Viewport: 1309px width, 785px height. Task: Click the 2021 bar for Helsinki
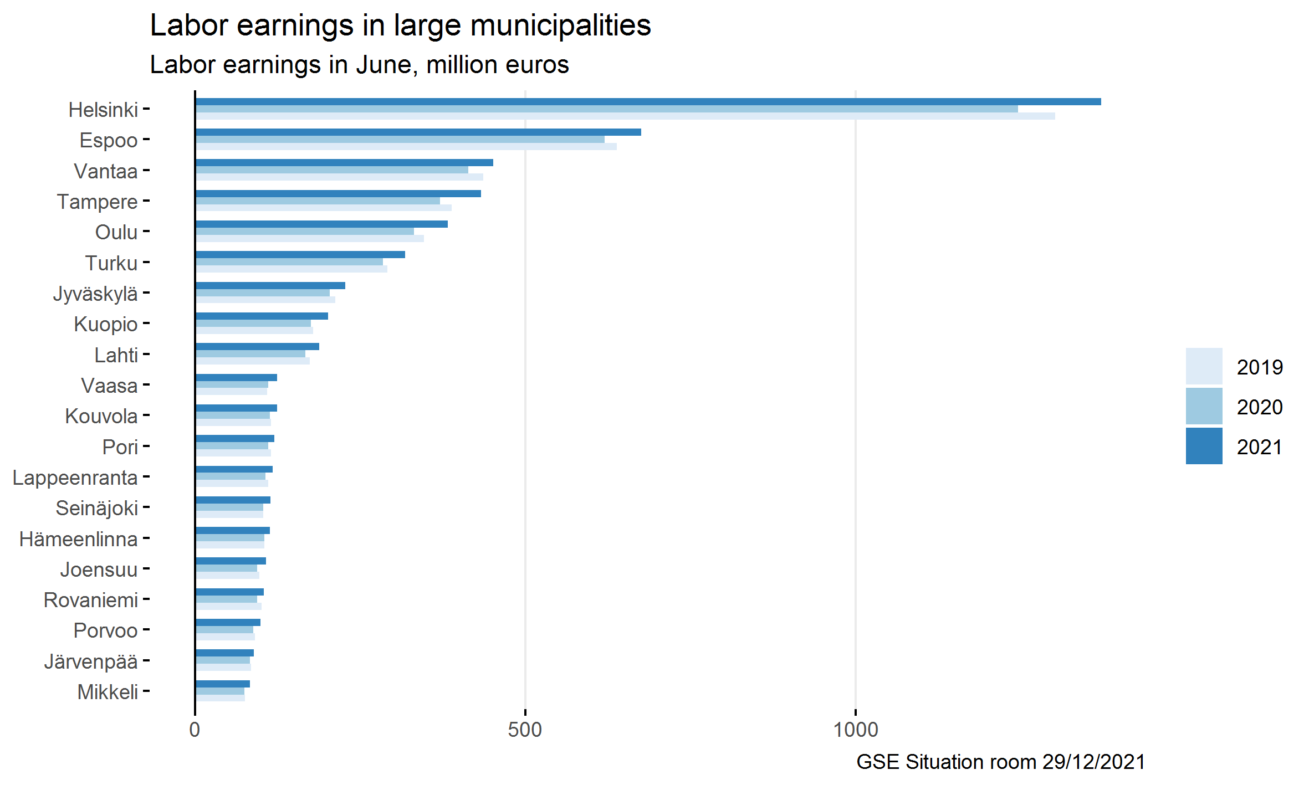coord(648,102)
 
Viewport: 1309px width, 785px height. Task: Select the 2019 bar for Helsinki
coord(625,116)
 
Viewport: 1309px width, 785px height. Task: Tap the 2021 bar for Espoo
coord(418,132)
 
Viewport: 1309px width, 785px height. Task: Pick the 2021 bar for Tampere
coord(338,193)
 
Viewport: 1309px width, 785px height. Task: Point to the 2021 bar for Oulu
coord(321,224)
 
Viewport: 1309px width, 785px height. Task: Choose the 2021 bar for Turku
coord(300,255)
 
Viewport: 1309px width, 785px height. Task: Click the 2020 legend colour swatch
coord(1204,406)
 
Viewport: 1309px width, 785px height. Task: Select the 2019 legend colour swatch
coord(1204,366)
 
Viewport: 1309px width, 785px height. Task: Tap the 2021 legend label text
coord(1259,447)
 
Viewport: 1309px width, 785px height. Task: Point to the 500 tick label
coord(525,730)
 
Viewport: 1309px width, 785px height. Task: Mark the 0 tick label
coord(195,730)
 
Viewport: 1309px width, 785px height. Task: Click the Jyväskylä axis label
coord(95,294)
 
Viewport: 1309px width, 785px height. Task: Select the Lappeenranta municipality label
coord(75,478)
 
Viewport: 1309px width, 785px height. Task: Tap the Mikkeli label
coord(108,692)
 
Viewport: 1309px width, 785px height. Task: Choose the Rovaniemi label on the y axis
coord(91,600)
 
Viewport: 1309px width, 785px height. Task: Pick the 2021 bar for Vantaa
coord(344,163)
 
